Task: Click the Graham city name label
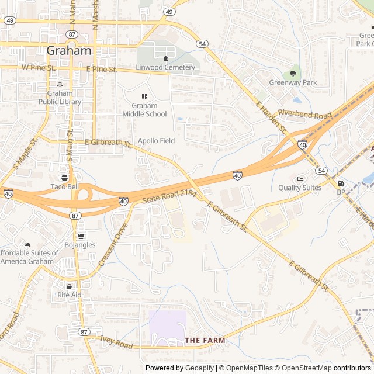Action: (x=69, y=50)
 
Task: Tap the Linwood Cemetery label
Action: (x=165, y=67)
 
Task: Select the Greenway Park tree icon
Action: (x=293, y=74)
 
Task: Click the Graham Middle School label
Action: (x=144, y=110)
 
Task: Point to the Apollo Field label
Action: (x=156, y=141)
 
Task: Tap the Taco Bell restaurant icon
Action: (x=64, y=178)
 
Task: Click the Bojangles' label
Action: (x=81, y=244)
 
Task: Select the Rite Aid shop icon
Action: (x=70, y=286)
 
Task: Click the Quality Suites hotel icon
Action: (x=300, y=179)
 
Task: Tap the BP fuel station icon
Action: (x=341, y=183)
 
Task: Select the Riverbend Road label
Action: (x=304, y=114)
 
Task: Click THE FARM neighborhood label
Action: (x=205, y=340)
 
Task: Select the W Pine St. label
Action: (x=38, y=68)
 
